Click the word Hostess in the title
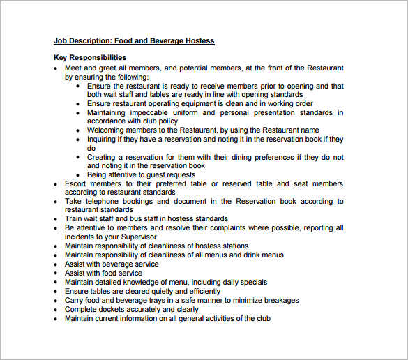199,41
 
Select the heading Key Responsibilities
90,57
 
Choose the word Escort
77,184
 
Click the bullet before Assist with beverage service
57,264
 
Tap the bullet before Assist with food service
57,273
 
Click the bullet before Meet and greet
57,68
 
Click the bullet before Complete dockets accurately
57,310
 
